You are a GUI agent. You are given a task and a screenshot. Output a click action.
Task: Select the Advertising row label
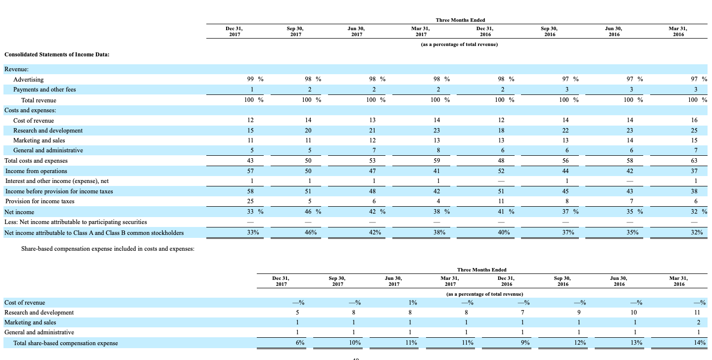(x=28, y=80)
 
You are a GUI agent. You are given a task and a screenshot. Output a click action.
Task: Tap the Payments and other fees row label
(x=45, y=90)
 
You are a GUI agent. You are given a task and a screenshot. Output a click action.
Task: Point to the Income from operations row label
(x=36, y=171)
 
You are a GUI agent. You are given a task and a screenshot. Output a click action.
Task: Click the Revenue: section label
(x=17, y=70)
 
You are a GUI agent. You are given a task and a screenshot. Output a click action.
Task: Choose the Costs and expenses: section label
(x=30, y=110)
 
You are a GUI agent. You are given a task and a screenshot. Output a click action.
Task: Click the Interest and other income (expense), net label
(x=56, y=181)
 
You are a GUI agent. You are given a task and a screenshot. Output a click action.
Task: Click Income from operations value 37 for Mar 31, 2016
(x=694, y=171)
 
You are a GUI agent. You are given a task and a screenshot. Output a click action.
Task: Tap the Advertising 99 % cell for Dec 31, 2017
(x=255, y=80)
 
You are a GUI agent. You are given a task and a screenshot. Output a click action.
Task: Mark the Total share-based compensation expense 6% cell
(x=299, y=343)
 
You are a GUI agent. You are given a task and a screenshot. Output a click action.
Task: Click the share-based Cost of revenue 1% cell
(x=413, y=303)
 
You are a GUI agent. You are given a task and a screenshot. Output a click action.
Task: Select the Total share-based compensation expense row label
(x=65, y=343)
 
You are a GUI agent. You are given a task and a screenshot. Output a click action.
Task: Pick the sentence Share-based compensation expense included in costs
(x=107, y=249)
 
